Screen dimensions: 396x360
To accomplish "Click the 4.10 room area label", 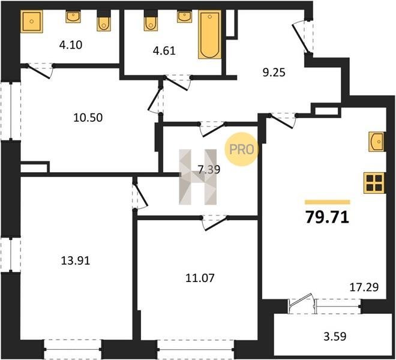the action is [71, 45].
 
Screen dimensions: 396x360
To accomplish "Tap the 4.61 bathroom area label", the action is [164, 51].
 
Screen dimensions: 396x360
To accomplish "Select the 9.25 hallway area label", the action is [274, 73].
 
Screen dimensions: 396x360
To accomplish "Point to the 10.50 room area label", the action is [88, 118].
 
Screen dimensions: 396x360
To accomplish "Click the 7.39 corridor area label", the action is [209, 170].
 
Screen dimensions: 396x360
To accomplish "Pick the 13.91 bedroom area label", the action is [76, 260].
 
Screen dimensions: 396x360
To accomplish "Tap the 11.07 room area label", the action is [200, 278].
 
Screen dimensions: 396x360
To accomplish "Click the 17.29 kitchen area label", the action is [364, 287].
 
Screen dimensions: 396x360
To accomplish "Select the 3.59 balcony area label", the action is [335, 337].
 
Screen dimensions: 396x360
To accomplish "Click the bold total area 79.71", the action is [328, 217].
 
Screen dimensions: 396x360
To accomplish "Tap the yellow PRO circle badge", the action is [242, 149].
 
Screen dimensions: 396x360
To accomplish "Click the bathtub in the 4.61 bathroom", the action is [209, 34].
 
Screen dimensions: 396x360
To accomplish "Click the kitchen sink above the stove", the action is [377, 142].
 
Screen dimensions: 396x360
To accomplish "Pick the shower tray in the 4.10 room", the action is [32, 21].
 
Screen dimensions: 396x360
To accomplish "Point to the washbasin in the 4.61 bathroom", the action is [184, 16].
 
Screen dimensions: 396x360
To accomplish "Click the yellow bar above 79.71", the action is [328, 202].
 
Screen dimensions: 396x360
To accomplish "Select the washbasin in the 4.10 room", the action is [73, 17].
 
